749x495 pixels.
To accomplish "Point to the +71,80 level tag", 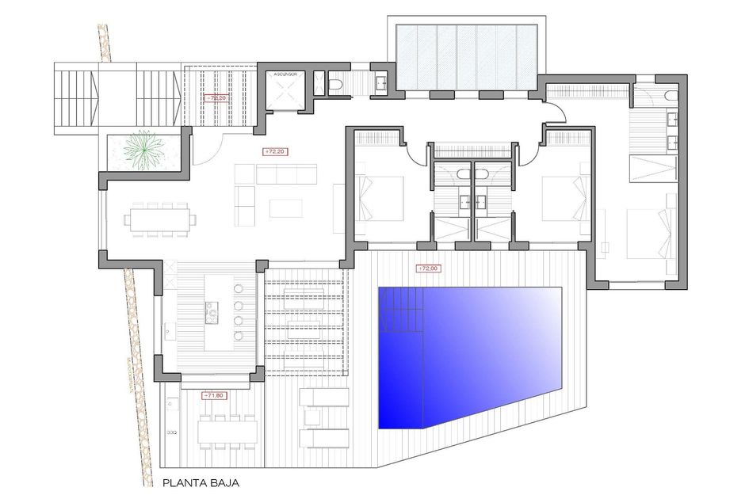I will tap(214, 394).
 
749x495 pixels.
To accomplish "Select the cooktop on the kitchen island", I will tap(212, 314).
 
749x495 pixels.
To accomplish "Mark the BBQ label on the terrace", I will tap(172, 433).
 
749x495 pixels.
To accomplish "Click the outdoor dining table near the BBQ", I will tap(228, 431).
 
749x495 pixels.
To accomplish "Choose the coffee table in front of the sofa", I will tap(285, 208).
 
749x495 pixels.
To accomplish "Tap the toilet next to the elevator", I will tap(334, 82).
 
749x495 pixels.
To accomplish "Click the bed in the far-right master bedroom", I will tap(650, 234).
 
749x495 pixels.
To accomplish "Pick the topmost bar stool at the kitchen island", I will tap(239, 288).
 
